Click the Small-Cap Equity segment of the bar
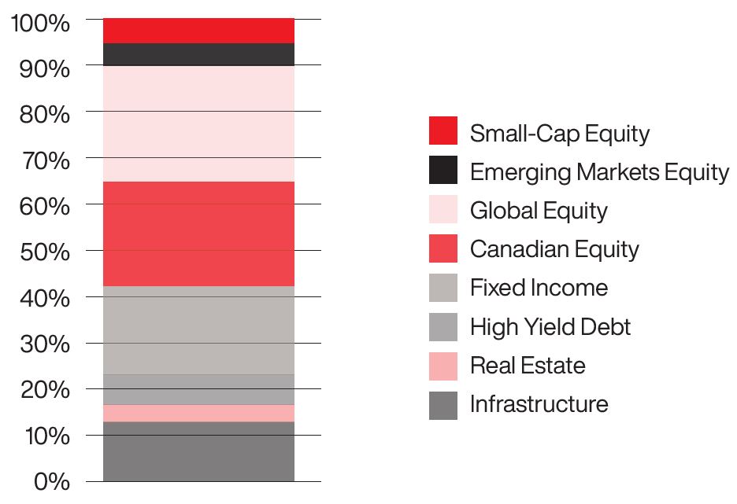point(198,31)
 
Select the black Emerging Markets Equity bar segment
point(198,54)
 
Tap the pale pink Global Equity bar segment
point(198,123)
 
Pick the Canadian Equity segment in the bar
point(198,234)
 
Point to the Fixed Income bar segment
point(198,330)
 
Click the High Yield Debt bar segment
point(198,390)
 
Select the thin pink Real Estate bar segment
point(198,414)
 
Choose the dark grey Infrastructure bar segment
point(198,451)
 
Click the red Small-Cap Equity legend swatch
point(443,131)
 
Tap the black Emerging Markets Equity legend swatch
point(443,171)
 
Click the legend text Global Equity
point(539,211)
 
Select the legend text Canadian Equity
point(554,249)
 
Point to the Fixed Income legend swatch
point(443,288)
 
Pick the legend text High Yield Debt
point(550,326)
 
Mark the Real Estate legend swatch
point(443,366)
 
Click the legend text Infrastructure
point(539,404)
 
